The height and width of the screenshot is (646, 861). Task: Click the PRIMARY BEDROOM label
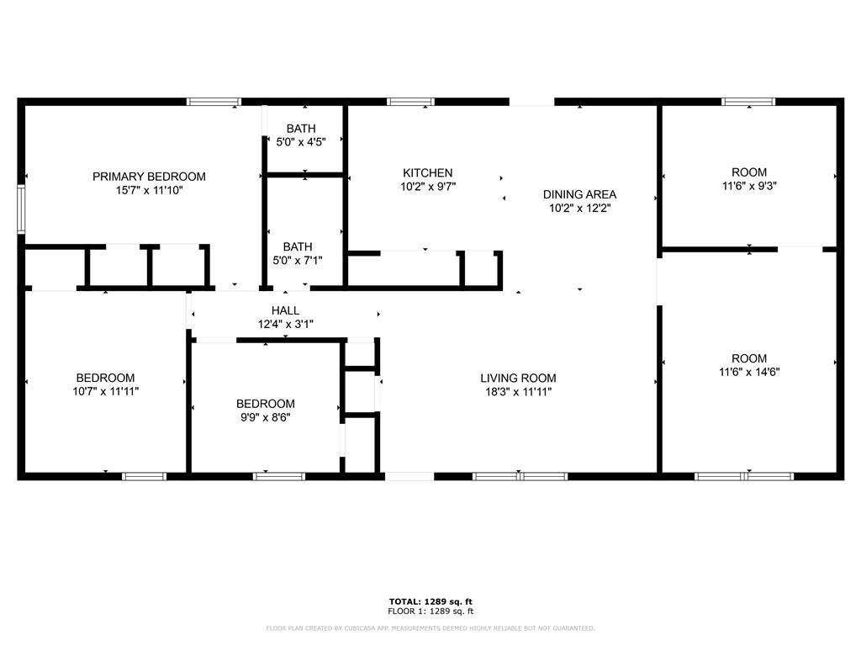tap(149, 177)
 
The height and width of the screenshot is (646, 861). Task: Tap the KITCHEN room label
tap(427, 173)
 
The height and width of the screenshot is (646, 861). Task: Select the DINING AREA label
tap(579, 194)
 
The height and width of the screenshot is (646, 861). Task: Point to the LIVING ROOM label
tap(518, 379)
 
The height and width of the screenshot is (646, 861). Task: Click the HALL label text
tap(285, 310)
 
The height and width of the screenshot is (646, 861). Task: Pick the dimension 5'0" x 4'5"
tap(300, 142)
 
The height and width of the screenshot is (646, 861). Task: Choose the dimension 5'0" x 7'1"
tap(297, 260)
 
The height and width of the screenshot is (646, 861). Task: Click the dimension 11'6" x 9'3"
tap(748, 187)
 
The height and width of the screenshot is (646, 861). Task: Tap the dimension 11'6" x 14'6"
tap(748, 372)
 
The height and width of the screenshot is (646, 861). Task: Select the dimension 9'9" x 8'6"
tap(265, 417)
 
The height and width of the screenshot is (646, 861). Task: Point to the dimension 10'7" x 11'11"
tap(105, 391)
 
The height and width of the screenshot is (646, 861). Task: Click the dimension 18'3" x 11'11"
tap(518, 391)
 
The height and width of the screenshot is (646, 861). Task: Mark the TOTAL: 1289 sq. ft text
tap(430, 601)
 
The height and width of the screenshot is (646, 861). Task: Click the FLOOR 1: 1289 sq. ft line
tap(430, 612)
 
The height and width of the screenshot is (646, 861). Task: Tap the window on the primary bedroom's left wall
tap(22, 208)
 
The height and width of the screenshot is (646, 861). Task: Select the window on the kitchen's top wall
tap(410, 102)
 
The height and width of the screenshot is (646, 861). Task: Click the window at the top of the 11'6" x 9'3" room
tap(748, 102)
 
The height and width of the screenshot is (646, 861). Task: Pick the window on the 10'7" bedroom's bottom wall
tap(145, 476)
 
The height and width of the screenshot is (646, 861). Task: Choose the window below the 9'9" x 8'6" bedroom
tap(279, 476)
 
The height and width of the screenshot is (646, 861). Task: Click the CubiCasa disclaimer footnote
tap(430, 628)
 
